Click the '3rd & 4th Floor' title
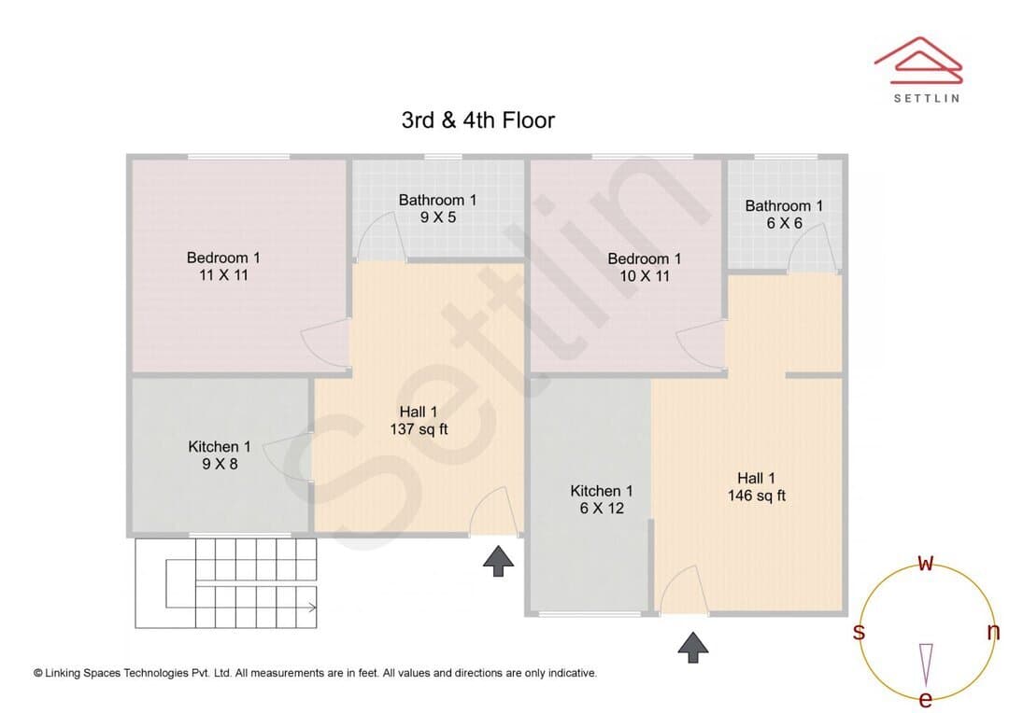click(x=478, y=120)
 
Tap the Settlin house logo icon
click(x=918, y=61)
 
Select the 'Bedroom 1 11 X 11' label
click(x=223, y=266)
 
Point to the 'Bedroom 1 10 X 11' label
click(x=644, y=268)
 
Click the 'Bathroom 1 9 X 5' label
click(x=437, y=209)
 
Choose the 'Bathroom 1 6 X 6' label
click(x=784, y=215)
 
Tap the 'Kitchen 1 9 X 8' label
click(x=220, y=455)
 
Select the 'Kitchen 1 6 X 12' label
click(x=602, y=499)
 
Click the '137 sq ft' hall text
click(x=419, y=429)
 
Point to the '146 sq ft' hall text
click(x=757, y=495)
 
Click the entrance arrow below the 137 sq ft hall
click(x=499, y=561)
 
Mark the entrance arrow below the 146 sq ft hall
click(x=693, y=648)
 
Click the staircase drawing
click(x=226, y=583)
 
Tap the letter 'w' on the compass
click(x=925, y=563)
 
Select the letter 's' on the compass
click(x=859, y=632)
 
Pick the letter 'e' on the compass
click(x=925, y=699)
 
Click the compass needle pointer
click(x=926, y=664)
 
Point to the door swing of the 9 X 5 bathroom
click(x=379, y=236)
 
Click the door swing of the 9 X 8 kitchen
click(x=288, y=455)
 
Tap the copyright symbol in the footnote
click(x=38, y=674)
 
